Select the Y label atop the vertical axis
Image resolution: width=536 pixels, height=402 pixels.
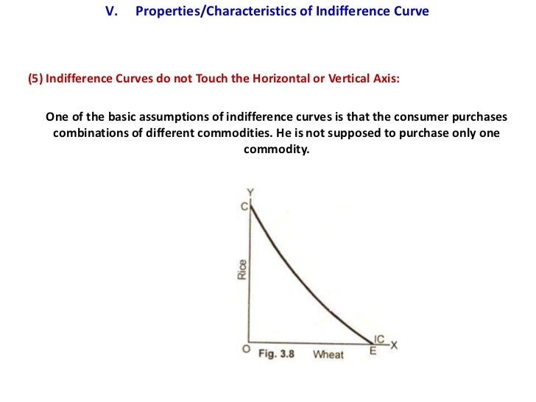click(250, 193)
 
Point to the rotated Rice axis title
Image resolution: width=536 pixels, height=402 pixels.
click(241, 270)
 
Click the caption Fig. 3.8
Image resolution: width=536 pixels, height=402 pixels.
click(277, 354)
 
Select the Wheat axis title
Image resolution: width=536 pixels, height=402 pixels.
click(328, 354)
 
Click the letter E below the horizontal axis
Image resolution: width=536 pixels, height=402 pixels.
click(373, 351)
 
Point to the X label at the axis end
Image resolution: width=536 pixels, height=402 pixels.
click(393, 345)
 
